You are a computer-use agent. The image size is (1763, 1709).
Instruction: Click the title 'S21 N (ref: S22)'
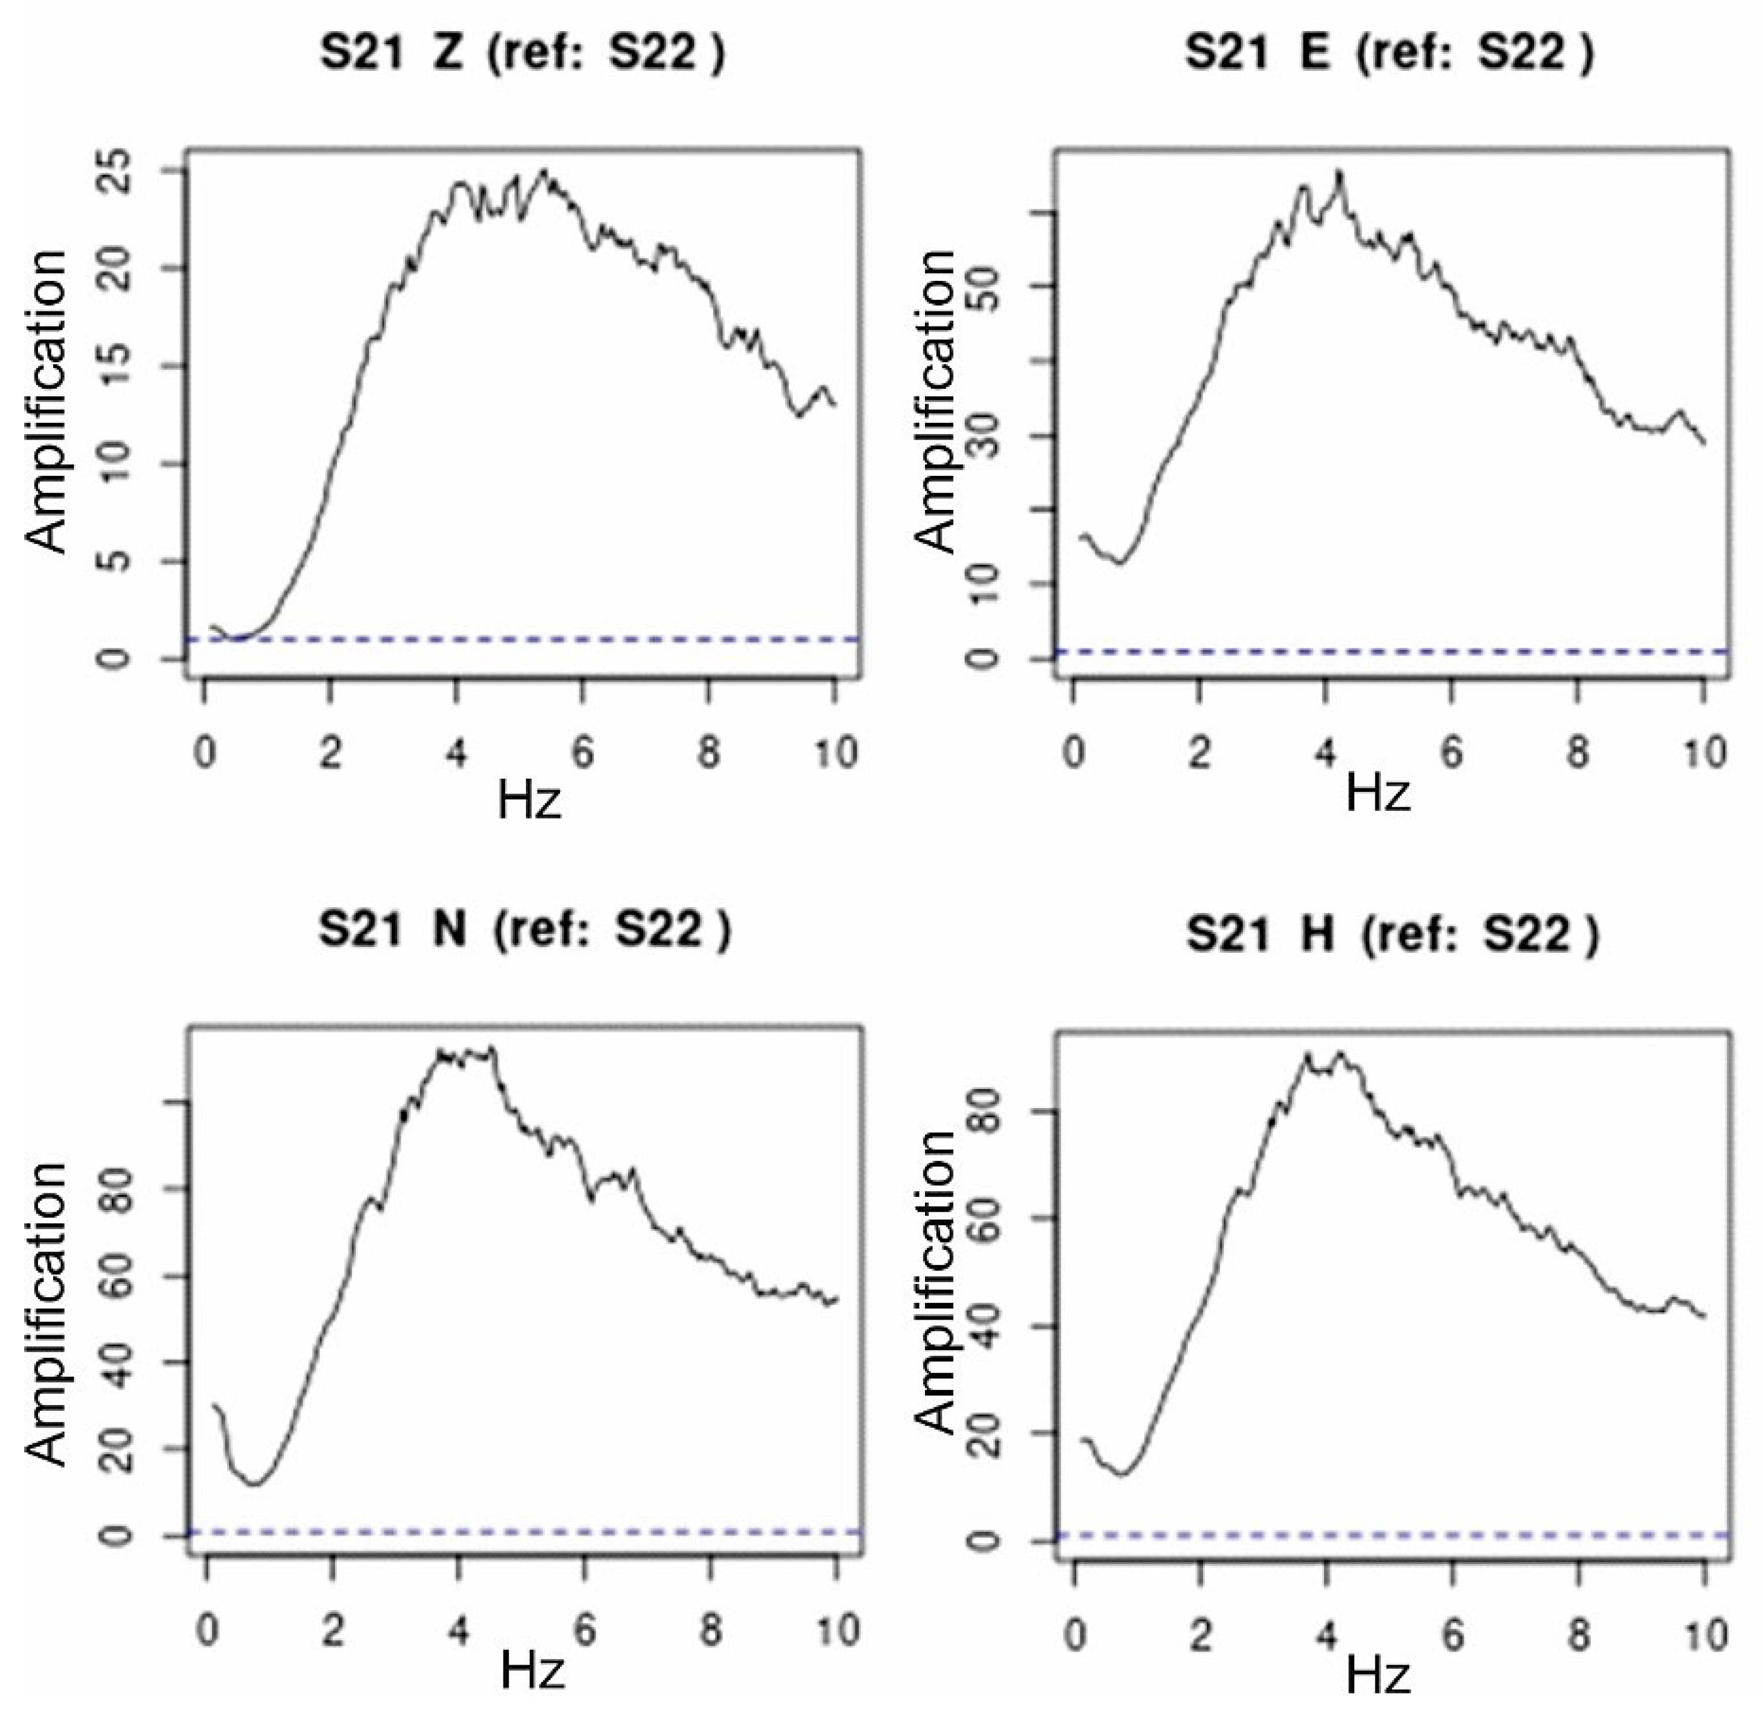[x=524, y=930]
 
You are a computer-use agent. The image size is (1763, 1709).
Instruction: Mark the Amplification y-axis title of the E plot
[x=935, y=402]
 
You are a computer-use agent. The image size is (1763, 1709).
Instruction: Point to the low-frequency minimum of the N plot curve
[x=254, y=1484]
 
